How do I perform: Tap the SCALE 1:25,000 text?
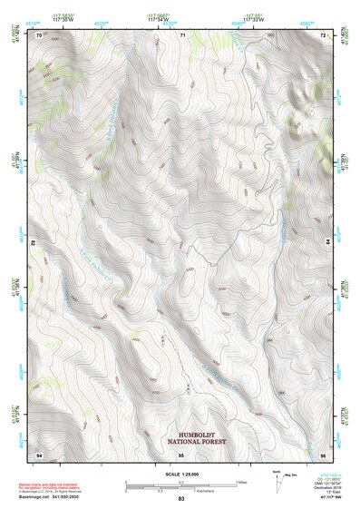(x=180, y=472)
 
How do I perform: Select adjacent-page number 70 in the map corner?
(x=39, y=34)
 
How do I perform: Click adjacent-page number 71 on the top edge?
(x=181, y=34)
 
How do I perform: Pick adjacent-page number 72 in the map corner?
(x=324, y=34)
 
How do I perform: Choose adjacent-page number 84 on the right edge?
(x=327, y=243)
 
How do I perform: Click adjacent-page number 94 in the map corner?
(x=39, y=452)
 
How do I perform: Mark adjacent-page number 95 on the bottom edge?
(x=181, y=452)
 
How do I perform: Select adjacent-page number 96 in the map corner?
(x=324, y=452)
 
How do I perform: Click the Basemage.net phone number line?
(x=50, y=496)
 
